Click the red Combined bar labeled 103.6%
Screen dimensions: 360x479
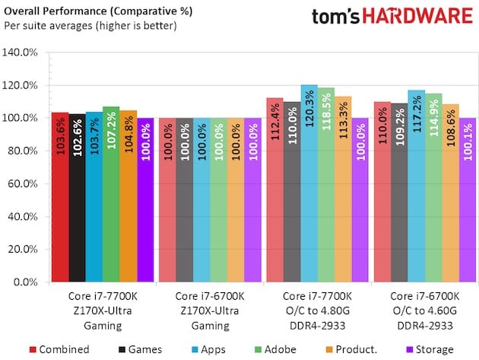pos(59,198)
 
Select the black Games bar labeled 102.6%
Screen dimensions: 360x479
pos(77,199)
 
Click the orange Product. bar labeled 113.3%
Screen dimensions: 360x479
pos(344,190)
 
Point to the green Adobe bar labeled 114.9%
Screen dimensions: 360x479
pos(434,188)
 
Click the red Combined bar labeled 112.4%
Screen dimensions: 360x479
pos(274,190)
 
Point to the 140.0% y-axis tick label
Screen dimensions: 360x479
pos(25,53)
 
